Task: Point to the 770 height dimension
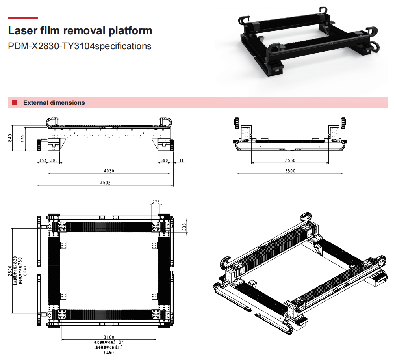pos(23,139)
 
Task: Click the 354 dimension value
pos(42,160)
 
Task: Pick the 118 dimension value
pos(180,160)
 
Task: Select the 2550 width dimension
pos(289,160)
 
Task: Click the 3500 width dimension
pos(289,171)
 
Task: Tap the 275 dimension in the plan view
pos(156,202)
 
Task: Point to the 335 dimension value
pos(184,226)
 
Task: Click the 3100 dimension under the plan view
pos(109,337)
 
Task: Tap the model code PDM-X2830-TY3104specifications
pos(80,46)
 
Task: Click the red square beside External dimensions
pos(14,103)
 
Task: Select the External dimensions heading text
pos(54,103)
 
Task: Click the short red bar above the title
pos(23,18)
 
